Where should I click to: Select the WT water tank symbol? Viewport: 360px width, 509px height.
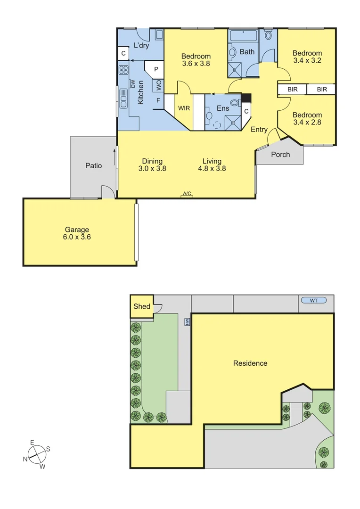click(313, 300)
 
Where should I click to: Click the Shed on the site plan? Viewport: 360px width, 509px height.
click(141, 306)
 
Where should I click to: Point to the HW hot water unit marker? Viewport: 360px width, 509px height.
click(187, 322)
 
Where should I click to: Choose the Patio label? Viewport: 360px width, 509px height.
click(93, 165)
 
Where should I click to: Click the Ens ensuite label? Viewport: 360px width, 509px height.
click(222, 108)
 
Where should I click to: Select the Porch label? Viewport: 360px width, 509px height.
click(280, 155)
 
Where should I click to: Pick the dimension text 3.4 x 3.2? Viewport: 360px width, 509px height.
click(307, 61)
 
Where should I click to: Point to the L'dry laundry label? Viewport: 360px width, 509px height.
click(141, 46)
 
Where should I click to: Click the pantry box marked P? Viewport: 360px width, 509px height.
click(155, 69)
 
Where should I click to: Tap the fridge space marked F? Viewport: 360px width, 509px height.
click(158, 100)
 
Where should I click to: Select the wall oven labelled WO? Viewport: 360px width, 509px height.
click(158, 85)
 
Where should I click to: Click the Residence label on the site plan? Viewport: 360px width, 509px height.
click(250, 363)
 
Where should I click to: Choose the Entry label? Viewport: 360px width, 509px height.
click(259, 130)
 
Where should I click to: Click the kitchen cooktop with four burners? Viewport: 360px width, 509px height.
click(123, 70)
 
